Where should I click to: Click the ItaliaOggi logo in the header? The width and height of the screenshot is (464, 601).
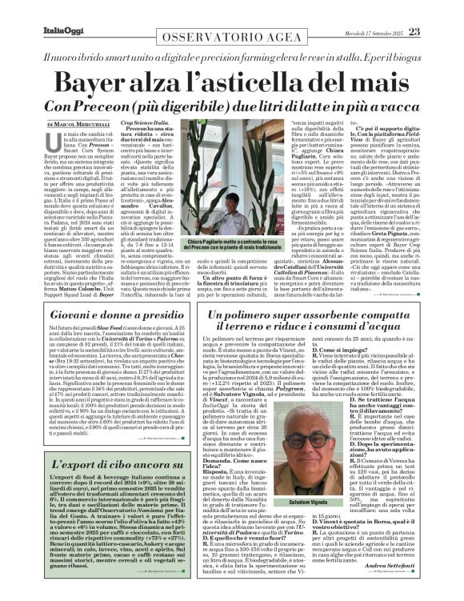[x=38, y=9]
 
